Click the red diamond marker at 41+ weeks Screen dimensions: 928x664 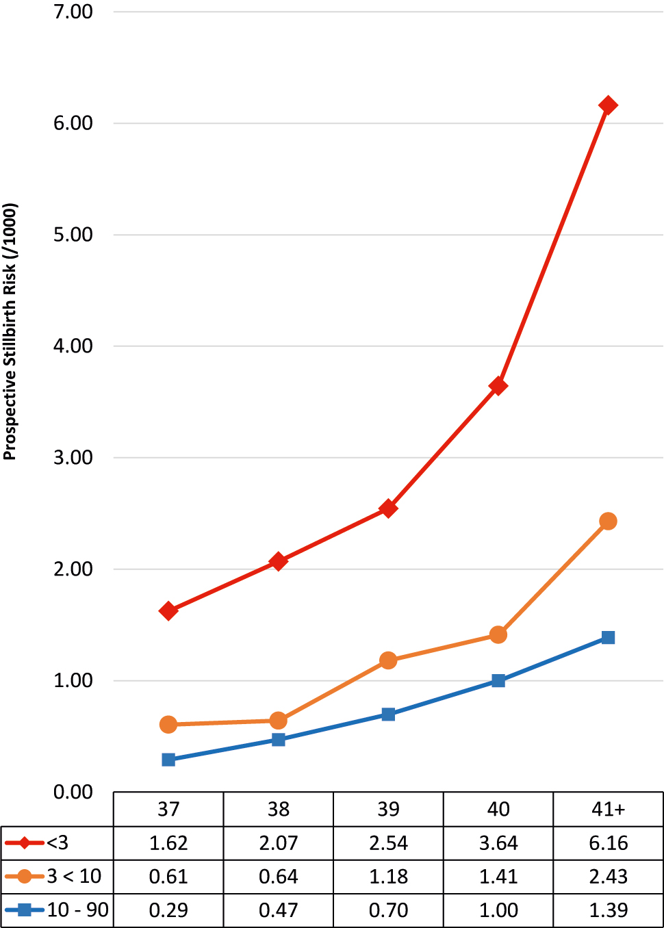(608, 105)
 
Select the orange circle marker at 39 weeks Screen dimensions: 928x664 (388, 660)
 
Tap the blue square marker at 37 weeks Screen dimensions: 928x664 (168, 760)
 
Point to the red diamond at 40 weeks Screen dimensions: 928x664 (498, 386)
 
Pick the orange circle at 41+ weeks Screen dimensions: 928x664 (608, 521)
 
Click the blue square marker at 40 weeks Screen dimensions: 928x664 (498, 681)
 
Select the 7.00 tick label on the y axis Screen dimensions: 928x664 (73, 12)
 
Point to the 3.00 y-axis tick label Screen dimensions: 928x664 (73, 458)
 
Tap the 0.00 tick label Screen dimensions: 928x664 (73, 792)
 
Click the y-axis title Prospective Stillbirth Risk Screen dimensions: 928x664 (10, 332)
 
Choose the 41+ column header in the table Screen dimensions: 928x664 (608, 810)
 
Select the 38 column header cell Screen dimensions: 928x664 (279, 810)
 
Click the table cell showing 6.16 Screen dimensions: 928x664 (608, 843)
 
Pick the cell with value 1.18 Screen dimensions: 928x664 (388, 877)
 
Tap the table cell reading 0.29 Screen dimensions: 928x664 (168, 910)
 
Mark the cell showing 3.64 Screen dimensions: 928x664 (498, 843)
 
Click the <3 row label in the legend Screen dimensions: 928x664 (58, 843)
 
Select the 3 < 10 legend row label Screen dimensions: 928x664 (74, 877)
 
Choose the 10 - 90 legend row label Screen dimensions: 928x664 (77, 910)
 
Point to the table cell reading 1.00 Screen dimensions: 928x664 (498, 910)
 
